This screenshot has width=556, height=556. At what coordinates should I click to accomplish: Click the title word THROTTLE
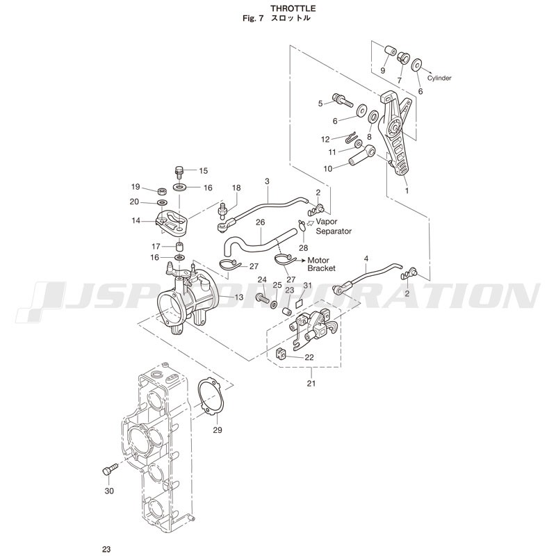pos(277,8)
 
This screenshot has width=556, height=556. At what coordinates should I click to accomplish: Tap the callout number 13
pos(238,297)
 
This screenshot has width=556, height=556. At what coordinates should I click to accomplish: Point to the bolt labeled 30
pos(108,471)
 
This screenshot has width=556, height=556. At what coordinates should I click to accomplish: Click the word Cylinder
pos(439,78)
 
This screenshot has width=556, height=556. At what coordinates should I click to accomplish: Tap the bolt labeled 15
pos(179,170)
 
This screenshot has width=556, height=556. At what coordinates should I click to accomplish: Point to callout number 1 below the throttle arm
pos(407,190)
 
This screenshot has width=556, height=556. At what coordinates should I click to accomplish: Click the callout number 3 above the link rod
pos(266,181)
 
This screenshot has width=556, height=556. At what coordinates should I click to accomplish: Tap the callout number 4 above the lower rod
pos(366,259)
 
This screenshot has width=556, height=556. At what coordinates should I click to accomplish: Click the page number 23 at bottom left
pos(106,549)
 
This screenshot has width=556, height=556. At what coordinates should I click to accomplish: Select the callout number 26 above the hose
pos(260,222)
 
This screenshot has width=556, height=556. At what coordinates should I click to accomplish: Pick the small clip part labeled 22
pos(281,354)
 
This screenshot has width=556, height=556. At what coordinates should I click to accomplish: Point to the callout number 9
pos(382,71)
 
